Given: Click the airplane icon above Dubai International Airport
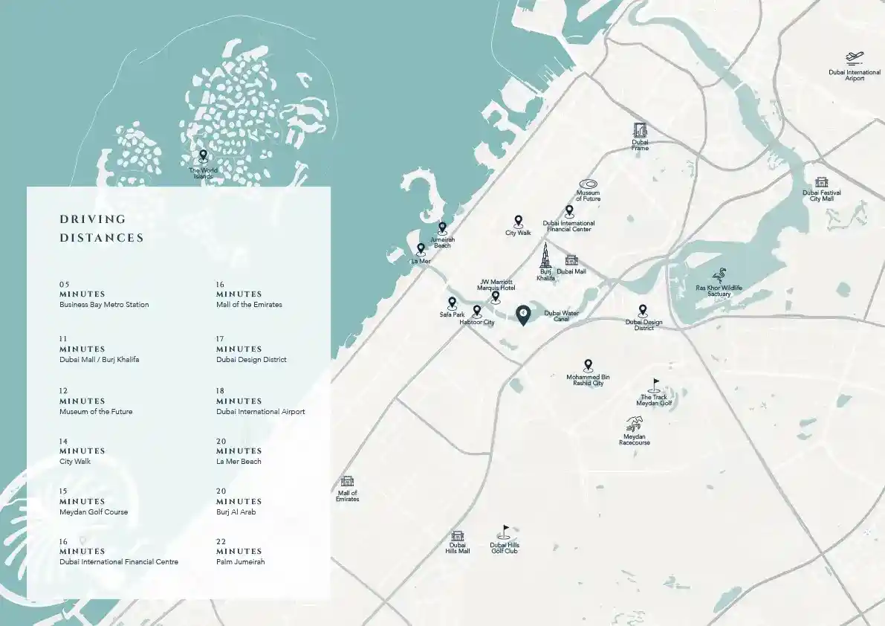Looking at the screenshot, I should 854,57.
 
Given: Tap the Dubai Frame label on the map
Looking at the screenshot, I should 640,145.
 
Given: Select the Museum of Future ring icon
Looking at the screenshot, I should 588,184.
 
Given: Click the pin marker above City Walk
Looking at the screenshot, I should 519,221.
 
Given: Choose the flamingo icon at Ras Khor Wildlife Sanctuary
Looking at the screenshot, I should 719,275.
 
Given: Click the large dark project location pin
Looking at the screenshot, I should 523,315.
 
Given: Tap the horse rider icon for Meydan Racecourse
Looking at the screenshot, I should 634,425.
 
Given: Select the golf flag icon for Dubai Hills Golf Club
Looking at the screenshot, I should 505,532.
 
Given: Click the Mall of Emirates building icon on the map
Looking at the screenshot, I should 347,481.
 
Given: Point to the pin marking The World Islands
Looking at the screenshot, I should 203,156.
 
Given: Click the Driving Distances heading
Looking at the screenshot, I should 102,228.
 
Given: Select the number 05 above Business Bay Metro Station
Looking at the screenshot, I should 64,285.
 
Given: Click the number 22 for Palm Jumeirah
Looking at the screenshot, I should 221,542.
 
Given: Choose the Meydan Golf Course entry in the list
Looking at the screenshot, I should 94,512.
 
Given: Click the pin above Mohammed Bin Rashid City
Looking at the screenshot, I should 589,365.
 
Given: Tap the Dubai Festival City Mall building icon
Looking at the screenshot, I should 821,182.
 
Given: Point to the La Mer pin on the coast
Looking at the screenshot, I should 421,250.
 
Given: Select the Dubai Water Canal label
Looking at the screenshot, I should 561,317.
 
